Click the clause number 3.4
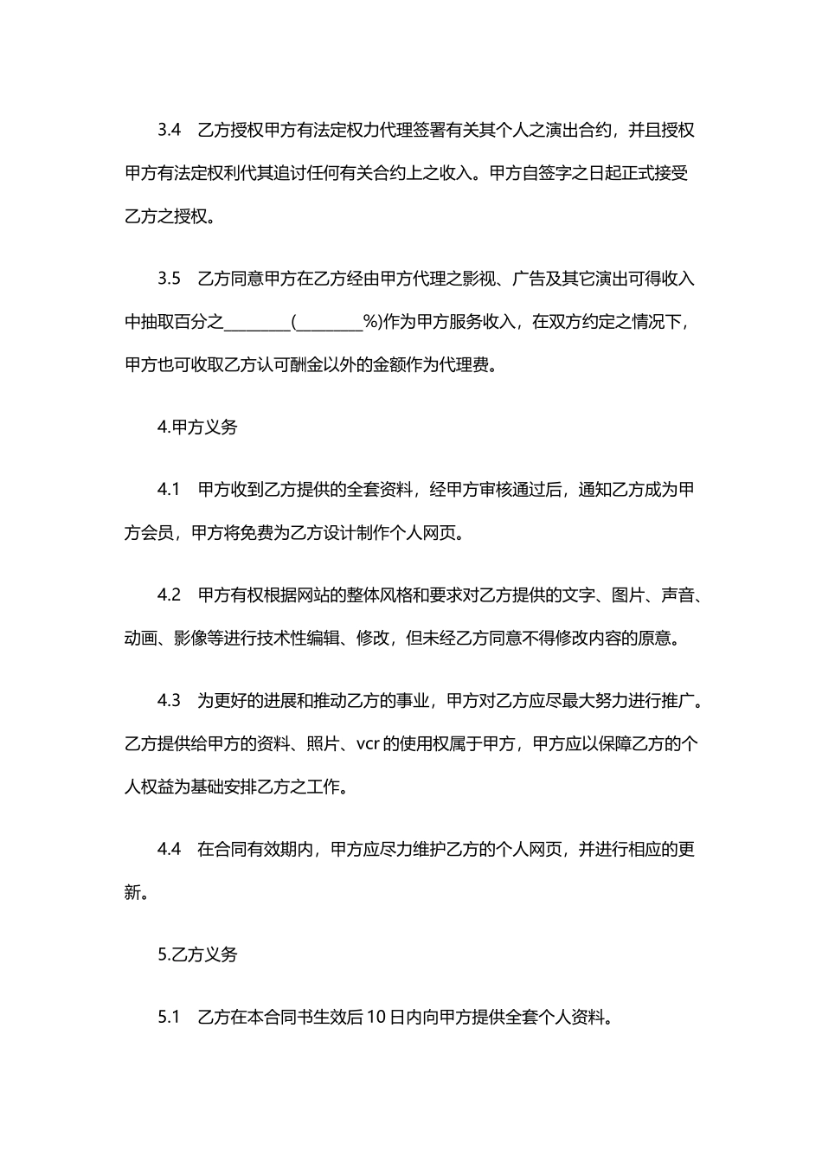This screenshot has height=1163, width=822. (169, 131)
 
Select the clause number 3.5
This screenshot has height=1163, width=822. (169, 279)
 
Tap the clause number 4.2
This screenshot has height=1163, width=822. (169, 595)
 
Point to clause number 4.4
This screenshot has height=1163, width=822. (169, 849)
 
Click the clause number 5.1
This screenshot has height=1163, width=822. (169, 1018)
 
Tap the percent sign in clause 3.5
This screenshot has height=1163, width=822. (372, 323)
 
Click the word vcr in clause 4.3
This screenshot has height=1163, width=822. (368, 743)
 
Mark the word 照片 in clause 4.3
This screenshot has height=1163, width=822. (320, 743)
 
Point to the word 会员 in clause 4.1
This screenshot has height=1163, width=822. (157, 533)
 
